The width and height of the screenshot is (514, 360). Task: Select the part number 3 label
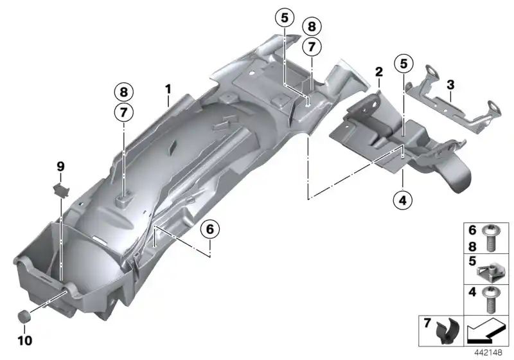click(x=451, y=84)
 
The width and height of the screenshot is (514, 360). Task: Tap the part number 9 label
click(x=60, y=166)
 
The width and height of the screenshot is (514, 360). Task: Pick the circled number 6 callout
click(x=209, y=229)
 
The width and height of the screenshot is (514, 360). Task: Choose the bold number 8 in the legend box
click(x=471, y=244)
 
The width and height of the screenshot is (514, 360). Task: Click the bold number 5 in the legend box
click(x=471, y=262)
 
